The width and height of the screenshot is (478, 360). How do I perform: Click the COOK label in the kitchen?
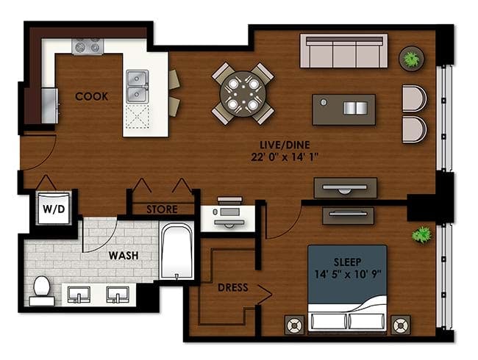coord(91,96)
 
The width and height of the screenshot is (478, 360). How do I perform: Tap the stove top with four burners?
coord(88,46)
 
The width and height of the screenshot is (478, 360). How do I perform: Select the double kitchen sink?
coord(138,87)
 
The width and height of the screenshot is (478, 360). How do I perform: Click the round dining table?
coord(243,94)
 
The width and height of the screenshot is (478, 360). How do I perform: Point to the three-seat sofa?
coord(344,51)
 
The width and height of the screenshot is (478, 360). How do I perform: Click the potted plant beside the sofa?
coord(412,59)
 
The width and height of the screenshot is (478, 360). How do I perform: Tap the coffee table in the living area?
coord(344,109)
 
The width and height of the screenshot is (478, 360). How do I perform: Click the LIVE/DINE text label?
coord(285,145)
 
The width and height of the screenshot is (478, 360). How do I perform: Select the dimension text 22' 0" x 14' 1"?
coord(285,157)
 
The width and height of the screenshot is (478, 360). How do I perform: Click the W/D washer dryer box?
coord(54,208)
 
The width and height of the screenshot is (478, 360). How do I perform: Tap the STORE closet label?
coord(162,209)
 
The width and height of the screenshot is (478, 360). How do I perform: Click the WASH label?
coord(124,255)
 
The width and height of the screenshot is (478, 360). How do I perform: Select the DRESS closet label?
coord(233,287)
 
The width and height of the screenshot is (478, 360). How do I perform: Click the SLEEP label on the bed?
coord(348,262)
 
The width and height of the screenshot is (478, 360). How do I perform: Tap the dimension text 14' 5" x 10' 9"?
coord(348,274)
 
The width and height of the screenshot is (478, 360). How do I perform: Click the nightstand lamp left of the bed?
coord(294,325)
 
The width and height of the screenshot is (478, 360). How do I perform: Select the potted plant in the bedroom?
coord(421,234)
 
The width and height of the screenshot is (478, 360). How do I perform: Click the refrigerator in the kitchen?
coord(49,106)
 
